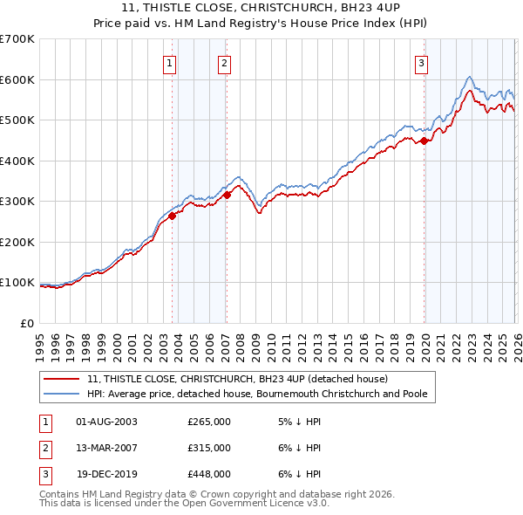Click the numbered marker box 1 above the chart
pyautogui.click(x=169, y=63)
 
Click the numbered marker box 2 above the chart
pyautogui.click(x=224, y=63)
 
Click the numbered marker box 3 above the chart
pyautogui.click(x=421, y=63)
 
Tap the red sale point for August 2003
pyautogui.click(x=172, y=216)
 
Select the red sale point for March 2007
pyautogui.click(x=227, y=196)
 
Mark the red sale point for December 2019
pyautogui.click(x=424, y=141)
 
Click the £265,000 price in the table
pyautogui.click(x=209, y=422)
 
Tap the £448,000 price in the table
pyautogui.click(x=209, y=474)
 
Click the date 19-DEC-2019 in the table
pyautogui.click(x=106, y=474)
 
